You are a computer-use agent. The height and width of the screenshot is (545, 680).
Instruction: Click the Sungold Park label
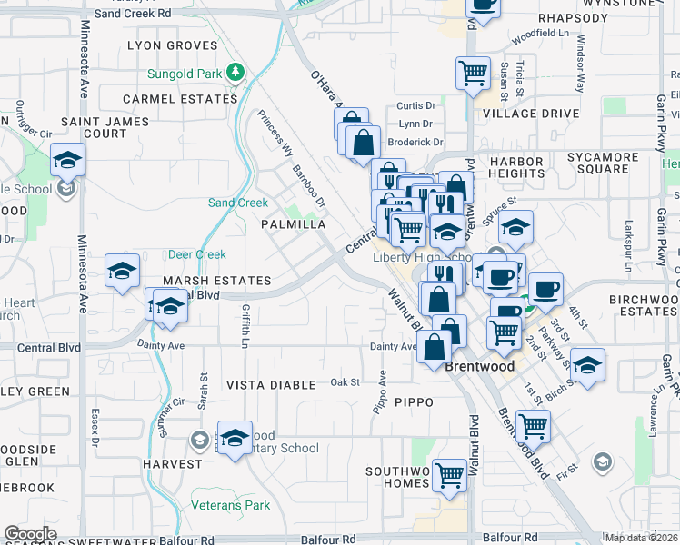coord(186,72)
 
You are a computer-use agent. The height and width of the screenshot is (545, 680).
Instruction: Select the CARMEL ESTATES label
coord(180,98)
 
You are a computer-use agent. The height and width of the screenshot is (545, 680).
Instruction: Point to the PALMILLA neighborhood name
coord(293,223)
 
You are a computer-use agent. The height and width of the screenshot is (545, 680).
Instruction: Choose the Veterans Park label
coord(231,505)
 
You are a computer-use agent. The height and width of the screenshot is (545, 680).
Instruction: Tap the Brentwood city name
coord(480,367)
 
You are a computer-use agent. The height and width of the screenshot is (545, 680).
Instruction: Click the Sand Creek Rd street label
coord(133,14)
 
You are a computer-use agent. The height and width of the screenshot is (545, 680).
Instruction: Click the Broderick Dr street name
coord(415,142)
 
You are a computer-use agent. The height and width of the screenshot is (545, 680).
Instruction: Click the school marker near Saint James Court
coord(67,160)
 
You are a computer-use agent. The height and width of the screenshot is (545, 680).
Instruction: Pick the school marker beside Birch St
coord(588,365)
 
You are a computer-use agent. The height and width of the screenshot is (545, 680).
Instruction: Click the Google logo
coord(31,534)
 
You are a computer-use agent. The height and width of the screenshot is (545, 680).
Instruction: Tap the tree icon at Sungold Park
coord(235,71)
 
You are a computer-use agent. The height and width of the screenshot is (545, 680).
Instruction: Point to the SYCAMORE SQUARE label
coord(603,163)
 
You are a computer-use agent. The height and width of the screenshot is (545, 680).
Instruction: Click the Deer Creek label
coord(197,255)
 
